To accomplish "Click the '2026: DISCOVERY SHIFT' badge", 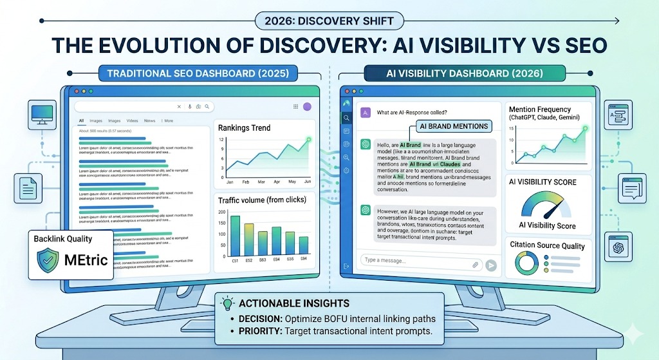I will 329,21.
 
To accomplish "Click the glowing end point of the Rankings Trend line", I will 308,140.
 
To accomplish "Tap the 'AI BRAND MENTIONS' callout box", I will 453,126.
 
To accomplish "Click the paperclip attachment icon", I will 475,264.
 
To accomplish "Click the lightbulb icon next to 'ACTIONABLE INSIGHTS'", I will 227,303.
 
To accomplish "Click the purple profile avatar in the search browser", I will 307,106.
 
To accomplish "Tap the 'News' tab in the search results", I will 149,120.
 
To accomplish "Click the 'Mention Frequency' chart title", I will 540,109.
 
